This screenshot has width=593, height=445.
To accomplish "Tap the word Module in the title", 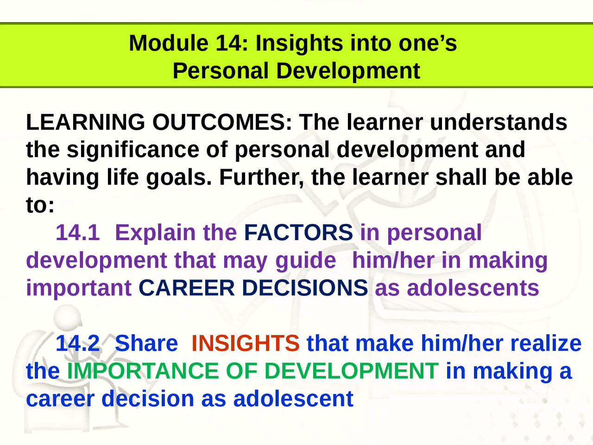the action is (169, 43).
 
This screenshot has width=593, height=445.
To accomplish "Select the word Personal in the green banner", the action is (221, 71).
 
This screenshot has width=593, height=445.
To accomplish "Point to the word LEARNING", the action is (86, 122).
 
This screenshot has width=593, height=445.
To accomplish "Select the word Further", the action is (261, 178).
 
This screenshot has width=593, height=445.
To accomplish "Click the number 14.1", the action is (77, 233).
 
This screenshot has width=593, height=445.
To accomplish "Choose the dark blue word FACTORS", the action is (298, 232).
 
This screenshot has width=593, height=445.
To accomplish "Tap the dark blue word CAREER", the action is (186, 288).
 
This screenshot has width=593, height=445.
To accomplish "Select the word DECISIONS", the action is (305, 288).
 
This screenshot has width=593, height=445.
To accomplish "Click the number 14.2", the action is (77, 343).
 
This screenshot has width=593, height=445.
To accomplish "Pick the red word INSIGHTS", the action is (246, 343).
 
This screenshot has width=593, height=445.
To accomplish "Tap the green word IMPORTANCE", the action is (143, 371).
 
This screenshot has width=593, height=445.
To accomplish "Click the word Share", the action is (146, 343).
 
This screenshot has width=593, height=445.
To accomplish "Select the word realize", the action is (546, 343).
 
